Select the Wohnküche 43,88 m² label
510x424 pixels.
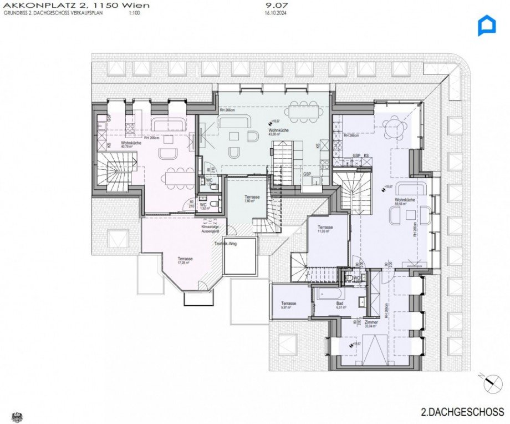tap(276, 132)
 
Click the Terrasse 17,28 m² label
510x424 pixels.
tap(185, 261)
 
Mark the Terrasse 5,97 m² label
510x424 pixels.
tap(288, 306)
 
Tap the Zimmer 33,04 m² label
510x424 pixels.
tap(371, 325)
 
